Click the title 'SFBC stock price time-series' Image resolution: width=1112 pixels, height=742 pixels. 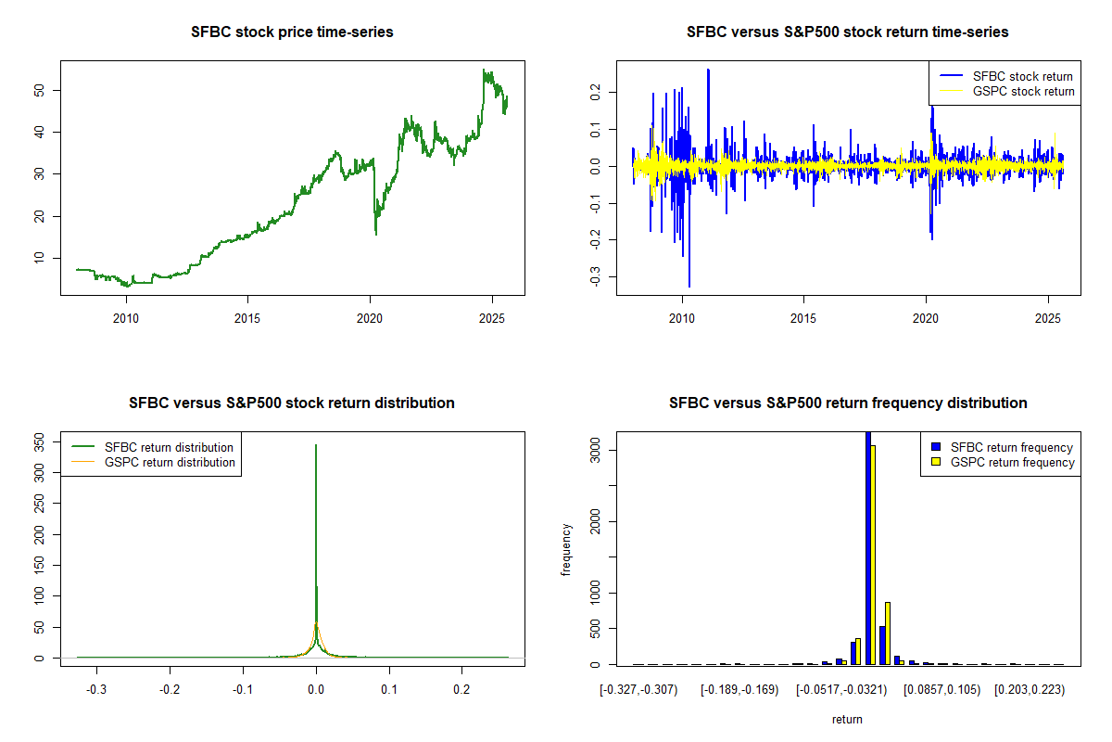[292, 32]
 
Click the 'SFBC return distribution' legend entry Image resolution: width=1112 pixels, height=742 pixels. [169, 447]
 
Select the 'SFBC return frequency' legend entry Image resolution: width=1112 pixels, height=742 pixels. [1011, 447]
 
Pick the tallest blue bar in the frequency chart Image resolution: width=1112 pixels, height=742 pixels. [868, 547]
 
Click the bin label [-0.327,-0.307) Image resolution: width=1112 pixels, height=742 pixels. [639, 690]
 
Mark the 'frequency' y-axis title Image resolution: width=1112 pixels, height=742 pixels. [567, 549]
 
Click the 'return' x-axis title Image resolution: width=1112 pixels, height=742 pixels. [847, 719]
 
